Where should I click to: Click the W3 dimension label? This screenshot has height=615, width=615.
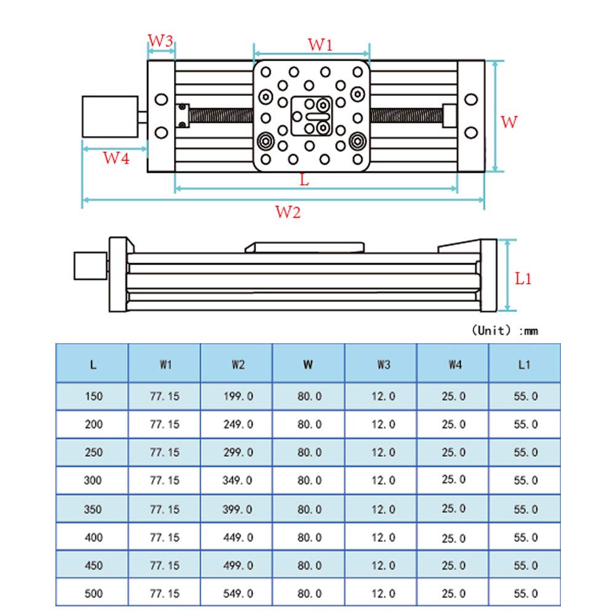(161, 41)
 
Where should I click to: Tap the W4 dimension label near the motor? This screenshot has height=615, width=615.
(116, 158)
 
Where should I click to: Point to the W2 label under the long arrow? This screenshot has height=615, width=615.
(288, 213)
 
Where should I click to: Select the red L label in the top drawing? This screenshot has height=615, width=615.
(304, 180)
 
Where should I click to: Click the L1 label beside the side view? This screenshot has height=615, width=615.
(523, 279)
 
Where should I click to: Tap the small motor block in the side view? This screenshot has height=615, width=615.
(89, 265)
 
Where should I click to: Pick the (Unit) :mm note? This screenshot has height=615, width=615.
(504, 331)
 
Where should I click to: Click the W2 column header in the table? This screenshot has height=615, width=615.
(237, 364)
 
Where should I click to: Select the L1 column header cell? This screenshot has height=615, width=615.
(524, 364)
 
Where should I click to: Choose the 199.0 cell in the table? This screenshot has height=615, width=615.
(237, 397)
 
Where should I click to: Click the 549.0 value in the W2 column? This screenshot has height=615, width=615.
(237, 593)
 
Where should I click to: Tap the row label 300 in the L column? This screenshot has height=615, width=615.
(93, 480)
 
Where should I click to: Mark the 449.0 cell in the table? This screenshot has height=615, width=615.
(237, 538)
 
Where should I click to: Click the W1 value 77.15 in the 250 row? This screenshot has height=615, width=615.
(165, 452)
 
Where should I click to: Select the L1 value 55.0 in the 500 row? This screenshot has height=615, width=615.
(525, 593)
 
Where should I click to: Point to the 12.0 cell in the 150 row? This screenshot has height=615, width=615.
(383, 397)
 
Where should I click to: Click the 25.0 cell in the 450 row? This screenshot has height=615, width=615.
(454, 566)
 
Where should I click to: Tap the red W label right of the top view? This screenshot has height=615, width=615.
(509, 122)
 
